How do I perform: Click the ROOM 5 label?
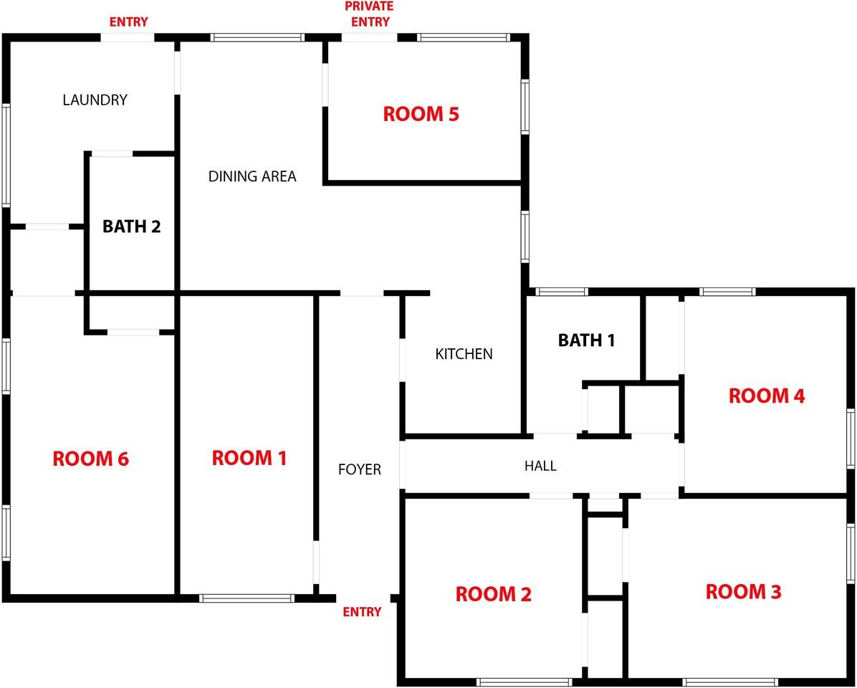421,114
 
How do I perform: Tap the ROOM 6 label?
91,459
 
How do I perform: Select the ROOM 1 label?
249,458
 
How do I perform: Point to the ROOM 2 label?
494,594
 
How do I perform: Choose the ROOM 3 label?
743,592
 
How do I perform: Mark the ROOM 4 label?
767,396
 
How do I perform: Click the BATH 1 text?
586,340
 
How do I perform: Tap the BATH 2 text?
132,226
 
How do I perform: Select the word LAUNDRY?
95,100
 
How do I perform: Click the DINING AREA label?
252,176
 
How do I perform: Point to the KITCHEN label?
464,354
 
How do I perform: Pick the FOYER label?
360,469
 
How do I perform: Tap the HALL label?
540,466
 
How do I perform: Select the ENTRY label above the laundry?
128,22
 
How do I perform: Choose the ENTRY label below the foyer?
362,612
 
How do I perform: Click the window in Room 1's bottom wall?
247,598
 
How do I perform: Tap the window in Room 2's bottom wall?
525,682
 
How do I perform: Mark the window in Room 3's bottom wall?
730,682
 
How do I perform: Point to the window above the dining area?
257,38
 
